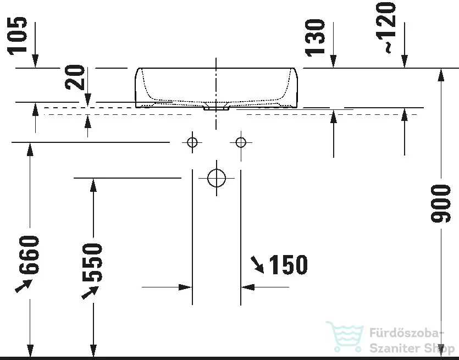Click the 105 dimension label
click(17, 36)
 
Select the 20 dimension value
click(75, 77)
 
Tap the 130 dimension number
click(315, 38)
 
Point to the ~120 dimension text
click(386, 27)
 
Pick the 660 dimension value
click(29, 254)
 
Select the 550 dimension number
click(92, 262)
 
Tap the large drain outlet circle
click(217, 178)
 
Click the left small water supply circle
click(192, 143)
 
